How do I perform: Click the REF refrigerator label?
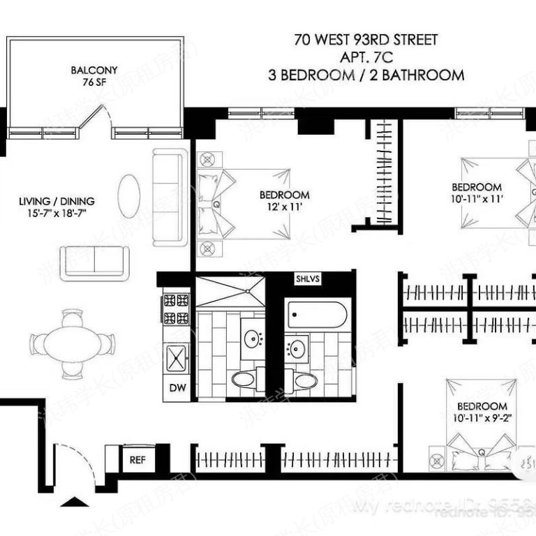(136, 459)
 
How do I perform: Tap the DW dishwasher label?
(174, 388)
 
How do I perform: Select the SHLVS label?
(307, 278)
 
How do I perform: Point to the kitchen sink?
(177, 359)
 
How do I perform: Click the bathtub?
(318, 315)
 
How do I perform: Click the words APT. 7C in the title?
(366, 57)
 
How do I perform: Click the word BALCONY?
(94, 70)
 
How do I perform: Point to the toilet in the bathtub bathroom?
(304, 380)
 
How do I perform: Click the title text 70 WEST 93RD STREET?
(366, 40)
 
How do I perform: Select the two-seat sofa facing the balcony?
(94, 262)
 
